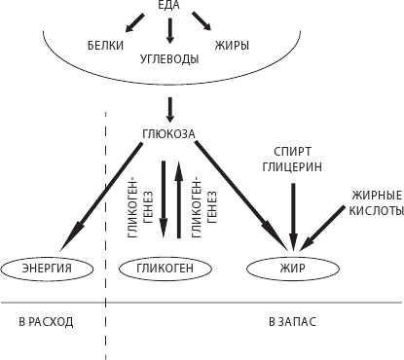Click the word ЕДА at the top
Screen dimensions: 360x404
[170, 8]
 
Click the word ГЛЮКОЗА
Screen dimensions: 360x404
[169, 134]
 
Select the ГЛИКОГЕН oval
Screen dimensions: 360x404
[163, 267]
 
